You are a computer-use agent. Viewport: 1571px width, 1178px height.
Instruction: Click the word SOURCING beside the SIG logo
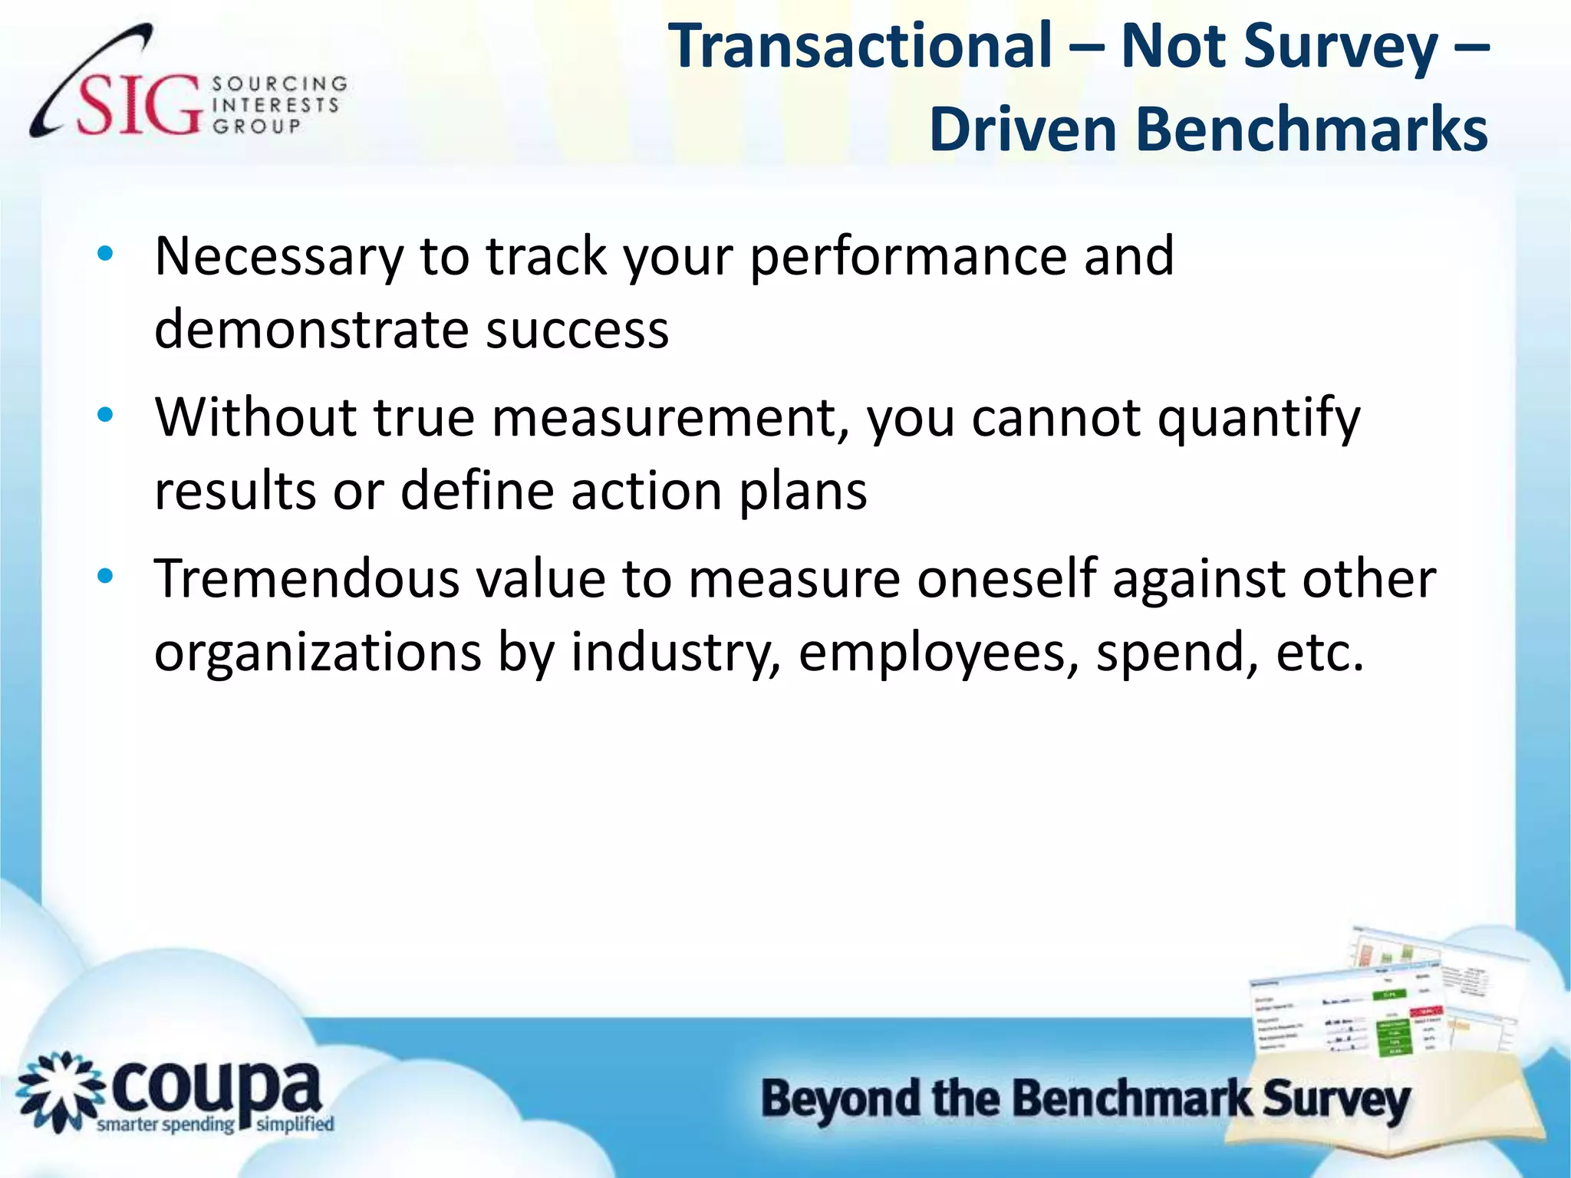click(279, 83)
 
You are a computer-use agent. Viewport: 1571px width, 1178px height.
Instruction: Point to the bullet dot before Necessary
click(105, 254)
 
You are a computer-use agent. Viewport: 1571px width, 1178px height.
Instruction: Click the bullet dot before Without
click(105, 416)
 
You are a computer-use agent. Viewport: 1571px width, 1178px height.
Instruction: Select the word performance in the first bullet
click(907, 257)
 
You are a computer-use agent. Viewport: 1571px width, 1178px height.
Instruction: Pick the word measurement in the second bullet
click(670, 418)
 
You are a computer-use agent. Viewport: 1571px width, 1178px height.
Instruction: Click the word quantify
click(1258, 420)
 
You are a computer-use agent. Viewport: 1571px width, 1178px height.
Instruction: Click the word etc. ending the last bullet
click(1320, 653)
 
